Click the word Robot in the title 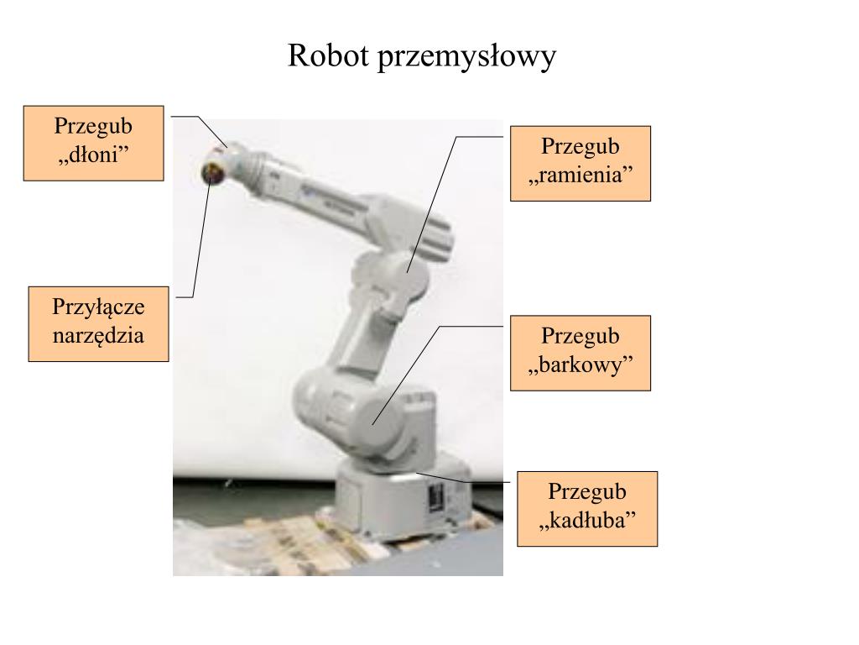click(x=328, y=55)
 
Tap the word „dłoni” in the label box click(x=93, y=155)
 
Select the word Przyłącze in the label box click(x=99, y=307)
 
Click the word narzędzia click(x=99, y=335)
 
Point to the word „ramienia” click(x=580, y=175)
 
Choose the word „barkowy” click(x=580, y=364)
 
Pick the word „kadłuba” click(x=587, y=520)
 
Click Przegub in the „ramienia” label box click(x=580, y=147)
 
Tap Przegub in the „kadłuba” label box click(x=587, y=492)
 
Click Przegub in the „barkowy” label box click(x=580, y=336)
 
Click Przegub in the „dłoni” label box click(x=93, y=127)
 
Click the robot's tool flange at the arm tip click(x=212, y=173)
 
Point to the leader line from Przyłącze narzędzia click(x=201, y=239)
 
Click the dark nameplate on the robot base click(x=435, y=499)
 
